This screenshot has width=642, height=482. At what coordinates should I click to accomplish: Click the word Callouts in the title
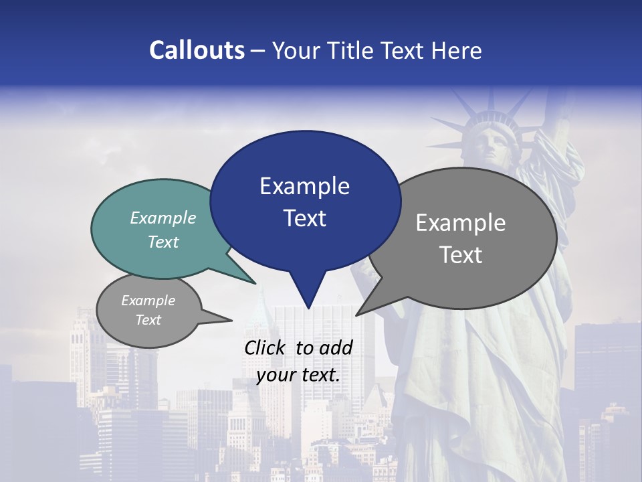(197, 50)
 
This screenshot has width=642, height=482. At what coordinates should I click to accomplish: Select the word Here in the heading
(457, 50)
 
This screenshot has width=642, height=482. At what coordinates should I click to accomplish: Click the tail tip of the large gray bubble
(357, 315)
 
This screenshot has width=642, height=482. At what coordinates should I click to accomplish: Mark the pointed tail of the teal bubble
(255, 283)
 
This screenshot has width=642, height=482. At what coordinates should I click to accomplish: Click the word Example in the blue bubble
(304, 186)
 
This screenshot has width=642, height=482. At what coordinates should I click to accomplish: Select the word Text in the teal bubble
(163, 242)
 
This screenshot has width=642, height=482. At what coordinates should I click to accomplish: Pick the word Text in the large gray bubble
(461, 255)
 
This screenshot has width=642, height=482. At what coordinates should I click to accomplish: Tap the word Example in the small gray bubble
(148, 301)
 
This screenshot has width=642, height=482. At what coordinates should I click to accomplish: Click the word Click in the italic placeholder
(266, 347)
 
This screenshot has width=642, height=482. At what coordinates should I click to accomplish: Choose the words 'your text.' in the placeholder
(298, 375)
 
